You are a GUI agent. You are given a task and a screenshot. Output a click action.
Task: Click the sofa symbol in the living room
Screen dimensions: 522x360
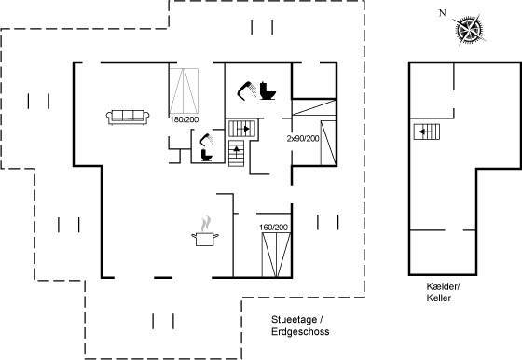pos(128,117)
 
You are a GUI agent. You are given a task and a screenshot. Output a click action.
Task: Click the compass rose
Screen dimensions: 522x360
pos(470,29)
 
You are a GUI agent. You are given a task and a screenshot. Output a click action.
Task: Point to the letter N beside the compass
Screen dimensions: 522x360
pos(442,13)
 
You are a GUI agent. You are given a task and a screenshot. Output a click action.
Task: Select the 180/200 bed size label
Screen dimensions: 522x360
pos(185,119)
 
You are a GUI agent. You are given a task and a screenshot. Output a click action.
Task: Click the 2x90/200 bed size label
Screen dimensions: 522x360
pos(303,139)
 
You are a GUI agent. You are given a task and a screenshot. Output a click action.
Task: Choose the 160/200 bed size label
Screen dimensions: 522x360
pos(273,228)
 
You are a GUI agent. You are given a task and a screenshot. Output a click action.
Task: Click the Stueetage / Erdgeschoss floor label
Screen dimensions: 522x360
pos(300,325)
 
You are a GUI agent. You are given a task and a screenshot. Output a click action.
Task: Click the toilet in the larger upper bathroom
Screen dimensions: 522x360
pos(268,90)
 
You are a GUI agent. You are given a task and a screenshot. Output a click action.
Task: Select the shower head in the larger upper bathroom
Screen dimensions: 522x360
pos(247,90)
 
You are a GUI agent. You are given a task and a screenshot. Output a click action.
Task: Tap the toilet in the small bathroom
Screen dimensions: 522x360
pos(206,155)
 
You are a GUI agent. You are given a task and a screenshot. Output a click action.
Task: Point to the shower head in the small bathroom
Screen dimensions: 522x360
pos(206,139)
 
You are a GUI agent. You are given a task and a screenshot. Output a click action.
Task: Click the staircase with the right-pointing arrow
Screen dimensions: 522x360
pos(242,129)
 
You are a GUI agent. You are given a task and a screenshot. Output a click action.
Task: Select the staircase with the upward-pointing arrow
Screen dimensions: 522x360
pos(237,153)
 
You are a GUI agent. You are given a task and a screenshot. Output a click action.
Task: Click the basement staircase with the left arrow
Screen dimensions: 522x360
pos(427,132)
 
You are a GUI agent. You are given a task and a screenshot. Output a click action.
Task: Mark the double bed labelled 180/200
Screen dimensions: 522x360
pos(184,90)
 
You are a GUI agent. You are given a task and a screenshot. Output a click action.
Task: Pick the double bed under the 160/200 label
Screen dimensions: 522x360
pos(276,255)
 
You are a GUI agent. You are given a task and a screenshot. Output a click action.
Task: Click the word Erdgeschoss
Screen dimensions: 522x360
pos(300,331)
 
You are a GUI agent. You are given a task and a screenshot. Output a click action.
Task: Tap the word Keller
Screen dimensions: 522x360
pos(439,298)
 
